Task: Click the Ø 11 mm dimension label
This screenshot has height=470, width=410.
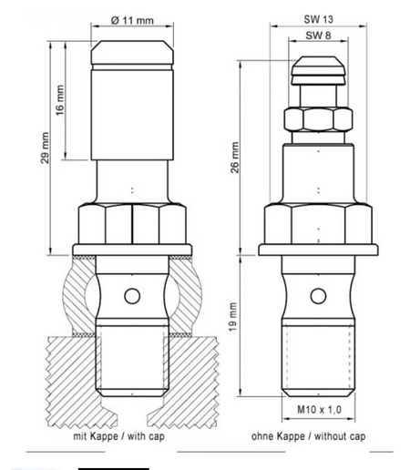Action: (132, 20)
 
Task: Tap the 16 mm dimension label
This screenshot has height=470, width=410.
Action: (60, 100)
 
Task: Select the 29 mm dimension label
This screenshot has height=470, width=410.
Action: (45, 148)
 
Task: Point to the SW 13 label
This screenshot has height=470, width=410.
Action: (319, 19)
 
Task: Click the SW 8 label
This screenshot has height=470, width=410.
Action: (318, 36)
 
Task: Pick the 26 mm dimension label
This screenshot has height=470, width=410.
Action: (235, 158)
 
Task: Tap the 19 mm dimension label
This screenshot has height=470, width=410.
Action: (233, 317)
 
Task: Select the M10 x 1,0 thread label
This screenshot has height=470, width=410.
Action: (319, 410)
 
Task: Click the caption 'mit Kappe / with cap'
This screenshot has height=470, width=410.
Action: (118, 436)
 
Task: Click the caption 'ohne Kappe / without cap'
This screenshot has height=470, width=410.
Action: (308, 436)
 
